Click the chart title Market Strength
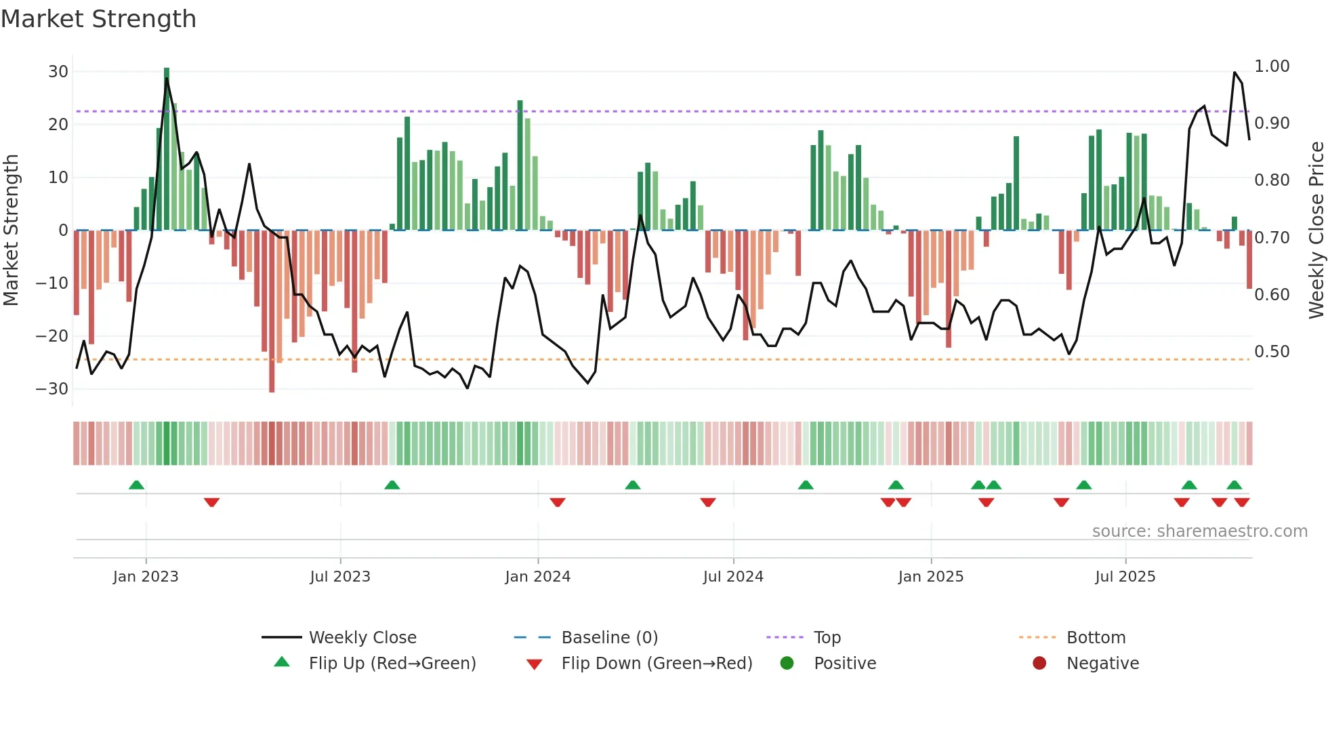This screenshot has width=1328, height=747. coord(98,19)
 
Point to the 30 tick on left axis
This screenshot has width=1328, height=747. coord(58,72)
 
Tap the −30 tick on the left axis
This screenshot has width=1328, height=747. coord(52,389)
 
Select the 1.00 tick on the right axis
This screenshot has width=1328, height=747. coord(1272,66)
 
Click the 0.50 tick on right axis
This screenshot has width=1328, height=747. coord(1272,352)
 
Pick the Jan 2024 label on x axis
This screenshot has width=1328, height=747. coord(538,577)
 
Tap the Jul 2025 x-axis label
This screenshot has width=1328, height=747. coord(1125,577)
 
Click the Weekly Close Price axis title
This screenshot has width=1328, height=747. coord(1316,230)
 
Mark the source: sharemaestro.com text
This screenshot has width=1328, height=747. coord(1199,531)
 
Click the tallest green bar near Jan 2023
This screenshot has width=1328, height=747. coord(167,149)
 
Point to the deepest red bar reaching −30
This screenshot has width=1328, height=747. coord(272,312)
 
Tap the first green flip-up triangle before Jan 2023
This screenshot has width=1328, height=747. coord(136,485)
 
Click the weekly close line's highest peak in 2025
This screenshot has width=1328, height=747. coord(1234,73)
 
